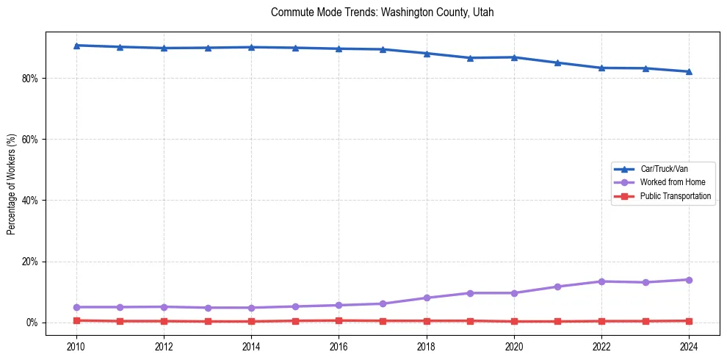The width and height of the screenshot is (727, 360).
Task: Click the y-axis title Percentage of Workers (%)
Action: coord(11,184)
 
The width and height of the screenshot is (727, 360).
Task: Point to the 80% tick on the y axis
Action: coord(30,78)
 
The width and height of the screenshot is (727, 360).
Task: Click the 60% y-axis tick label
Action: coord(30,140)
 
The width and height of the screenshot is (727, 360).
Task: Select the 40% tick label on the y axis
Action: coord(30,201)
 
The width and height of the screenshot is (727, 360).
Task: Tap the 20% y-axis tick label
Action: coord(30,262)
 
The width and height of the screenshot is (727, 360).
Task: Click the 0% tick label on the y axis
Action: coord(32,323)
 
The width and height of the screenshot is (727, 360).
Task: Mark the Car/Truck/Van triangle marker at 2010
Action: coord(76,46)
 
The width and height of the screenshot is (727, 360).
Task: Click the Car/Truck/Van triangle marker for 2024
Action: coord(689,71)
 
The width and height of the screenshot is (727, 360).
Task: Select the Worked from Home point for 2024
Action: coord(689,280)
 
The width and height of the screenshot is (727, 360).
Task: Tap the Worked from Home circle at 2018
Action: coord(427,298)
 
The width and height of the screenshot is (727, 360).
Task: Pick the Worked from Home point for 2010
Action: coord(76,307)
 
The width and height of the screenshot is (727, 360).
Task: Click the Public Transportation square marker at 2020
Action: coord(514,321)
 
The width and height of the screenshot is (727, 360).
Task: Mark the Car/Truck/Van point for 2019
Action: coord(470,58)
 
